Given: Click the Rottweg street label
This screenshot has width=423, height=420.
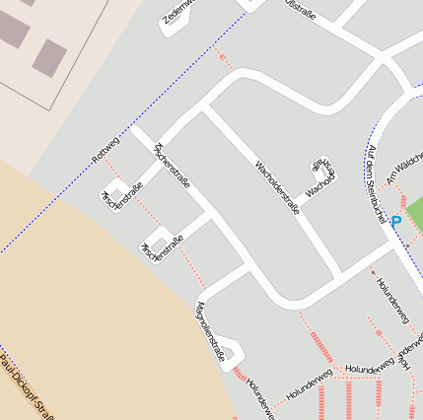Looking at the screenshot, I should pyautogui.click(x=105, y=146).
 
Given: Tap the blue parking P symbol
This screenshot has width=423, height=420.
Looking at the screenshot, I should pyautogui.click(x=395, y=224).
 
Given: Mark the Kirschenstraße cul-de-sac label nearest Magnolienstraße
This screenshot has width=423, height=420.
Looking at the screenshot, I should pyautogui.click(x=163, y=247).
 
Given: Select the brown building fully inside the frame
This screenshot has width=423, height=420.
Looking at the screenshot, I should pyautogui.click(x=48, y=57).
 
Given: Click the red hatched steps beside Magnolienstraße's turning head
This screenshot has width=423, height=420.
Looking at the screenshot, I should pyautogui.click(x=240, y=374).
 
